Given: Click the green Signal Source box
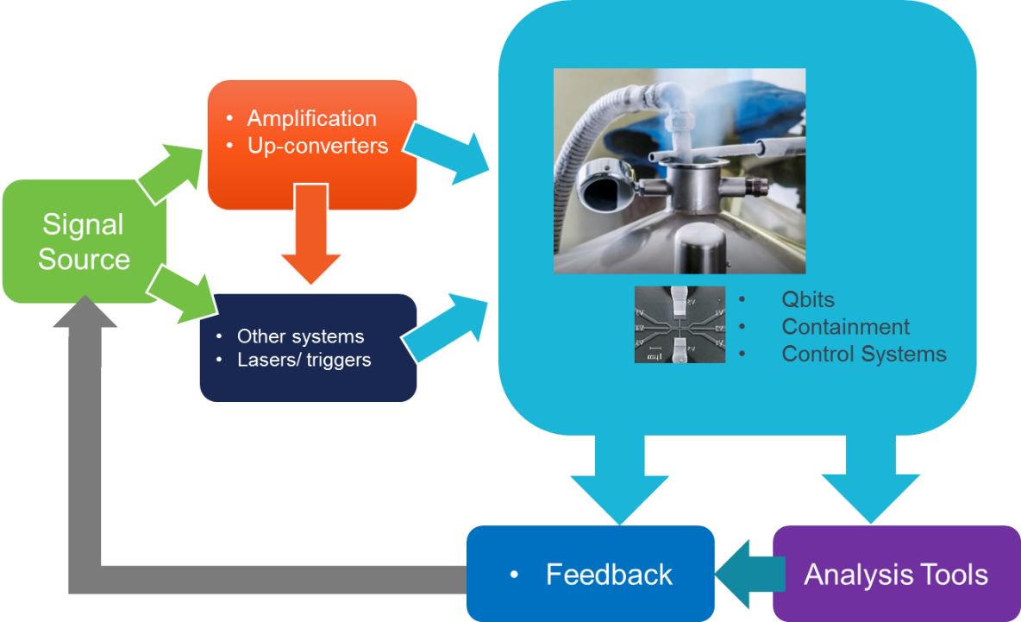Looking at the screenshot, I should tap(84, 242).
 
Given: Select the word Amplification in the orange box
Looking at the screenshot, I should tap(311, 118).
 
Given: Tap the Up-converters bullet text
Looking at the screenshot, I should tap(317, 146).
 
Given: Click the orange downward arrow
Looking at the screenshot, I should tap(311, 246).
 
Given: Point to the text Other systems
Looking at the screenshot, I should tap(300, 336).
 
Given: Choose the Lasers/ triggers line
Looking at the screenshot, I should tap(304, 360).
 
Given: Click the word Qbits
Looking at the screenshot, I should tap(808, 300).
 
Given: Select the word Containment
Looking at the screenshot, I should tap(845, 327).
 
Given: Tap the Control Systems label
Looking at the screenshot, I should tap(863, 354).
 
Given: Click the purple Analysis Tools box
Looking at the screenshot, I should tap(896, 574).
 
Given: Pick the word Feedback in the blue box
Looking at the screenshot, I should tap(609, 574).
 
